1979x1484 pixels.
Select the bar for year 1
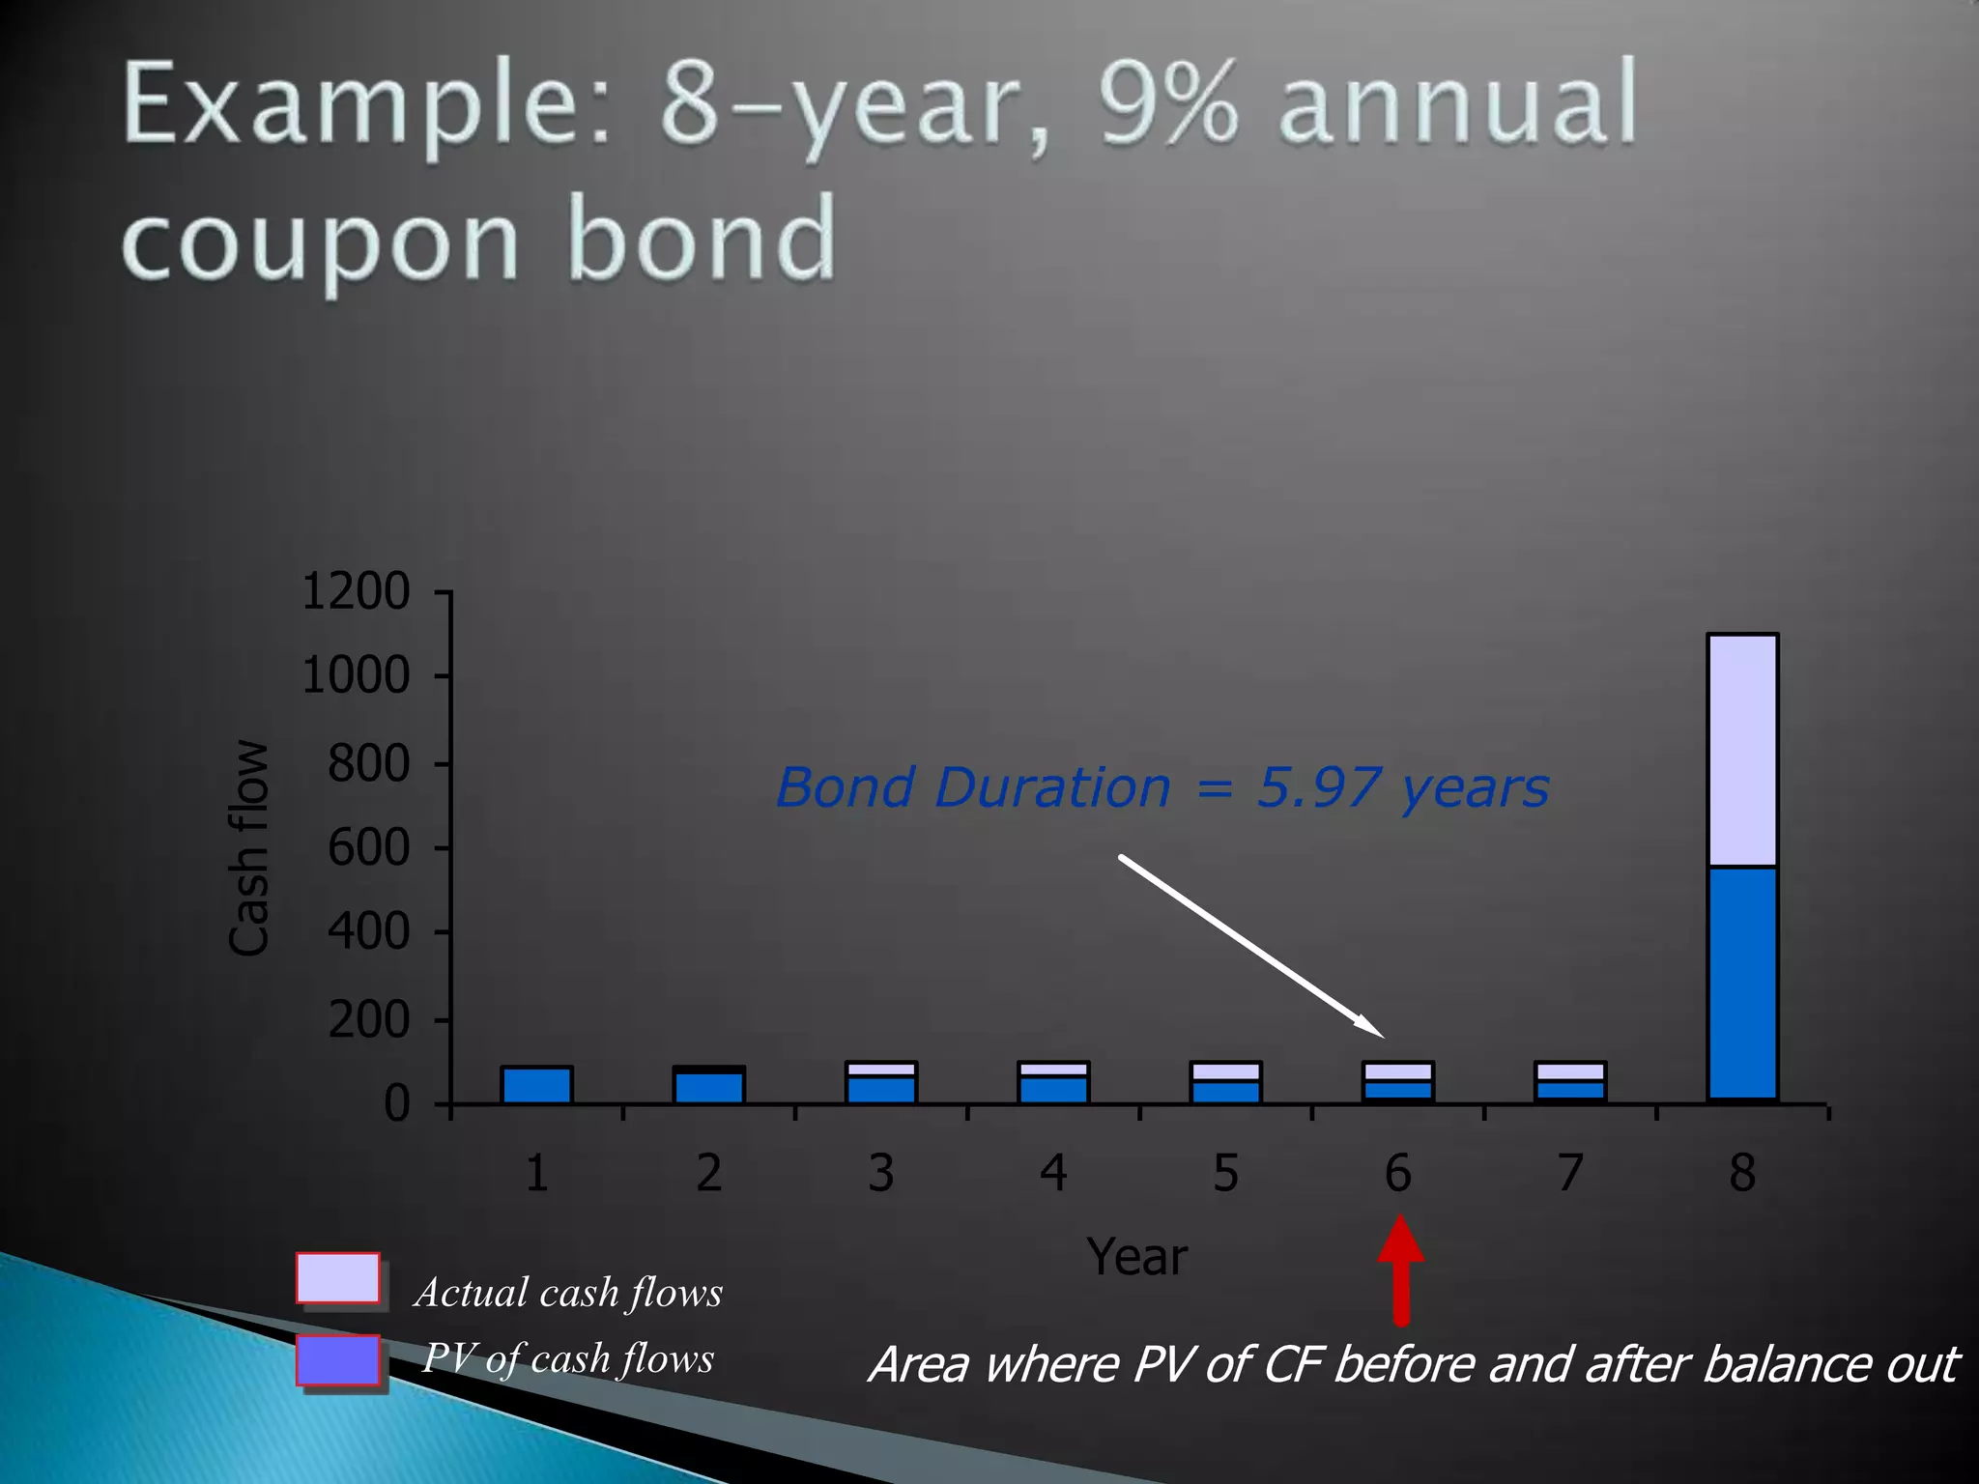tap(537, 1084)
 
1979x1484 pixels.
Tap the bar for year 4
tap(1053, 1083)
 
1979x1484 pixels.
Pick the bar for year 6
tap(1397, 1083)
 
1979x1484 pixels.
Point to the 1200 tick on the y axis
tap(356, 591)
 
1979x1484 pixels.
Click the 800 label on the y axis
tap(368, 763)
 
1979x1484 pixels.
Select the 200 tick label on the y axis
tap(368, 1020)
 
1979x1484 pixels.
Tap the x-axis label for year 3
tap(880, 1173)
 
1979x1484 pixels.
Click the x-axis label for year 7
tap(1570, 1173)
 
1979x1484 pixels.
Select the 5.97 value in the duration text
tap(1318, 787)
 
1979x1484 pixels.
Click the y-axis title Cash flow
tap(248, 848)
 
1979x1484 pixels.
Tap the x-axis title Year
tap(1136, 1257)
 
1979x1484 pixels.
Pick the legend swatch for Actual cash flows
tap(337, 1278)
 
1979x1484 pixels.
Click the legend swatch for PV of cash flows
tap(337, 1360)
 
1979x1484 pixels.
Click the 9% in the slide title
tap(1167, 102)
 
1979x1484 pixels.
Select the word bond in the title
tap(701, 238)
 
